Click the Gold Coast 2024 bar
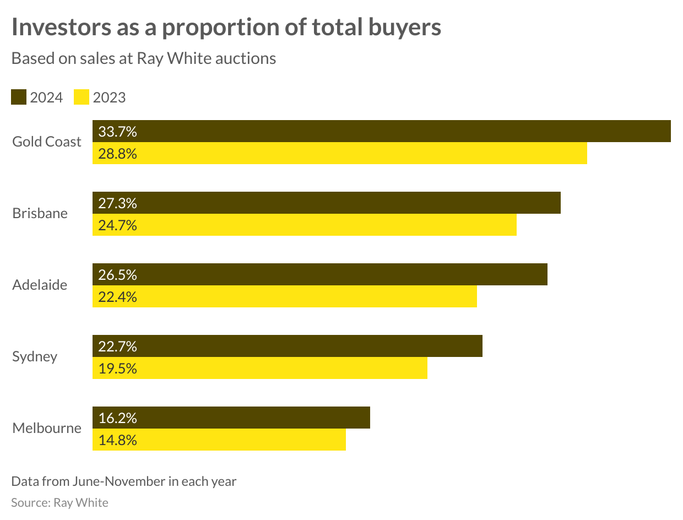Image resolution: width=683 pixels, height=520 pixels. click(x=381, y=131)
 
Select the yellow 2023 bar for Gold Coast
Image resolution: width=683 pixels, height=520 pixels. click(x=339, y=153)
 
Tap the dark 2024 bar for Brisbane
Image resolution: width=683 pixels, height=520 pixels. click(x=326, y=203)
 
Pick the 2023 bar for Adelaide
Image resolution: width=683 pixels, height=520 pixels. click(x=284, y=296)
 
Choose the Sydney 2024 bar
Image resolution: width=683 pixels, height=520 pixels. click(x=287, y=346)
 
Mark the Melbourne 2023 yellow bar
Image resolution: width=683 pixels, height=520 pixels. click(x=219, y=440)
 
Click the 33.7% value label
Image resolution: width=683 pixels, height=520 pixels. click(x=117, y=132)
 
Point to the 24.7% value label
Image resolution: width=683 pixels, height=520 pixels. click(x=117, y=225)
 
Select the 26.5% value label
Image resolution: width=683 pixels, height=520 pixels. click(x=117, y=275)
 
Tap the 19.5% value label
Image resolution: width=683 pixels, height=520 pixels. click(x=117, y=369)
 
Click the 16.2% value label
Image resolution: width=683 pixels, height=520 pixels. click(x=117, y=418)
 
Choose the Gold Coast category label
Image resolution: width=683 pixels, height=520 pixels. click(x=47, y=142)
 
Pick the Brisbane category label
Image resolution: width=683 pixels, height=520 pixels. click(x=40, y=214)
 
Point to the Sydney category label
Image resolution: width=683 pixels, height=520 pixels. click(x=35, y=356)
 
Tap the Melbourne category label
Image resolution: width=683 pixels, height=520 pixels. click(x=47, y=428)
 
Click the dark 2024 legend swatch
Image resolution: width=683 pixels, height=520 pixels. click(x=19, y=97)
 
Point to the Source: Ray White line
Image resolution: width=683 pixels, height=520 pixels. click(x=59, y=502)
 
